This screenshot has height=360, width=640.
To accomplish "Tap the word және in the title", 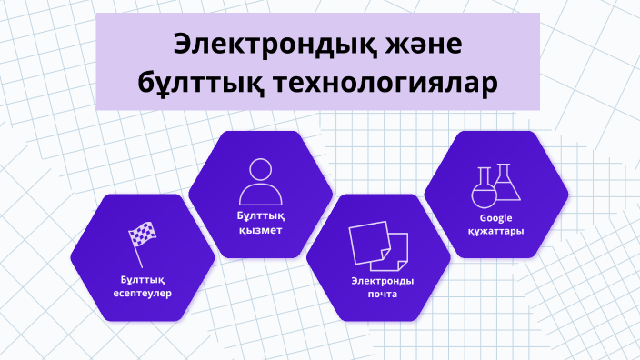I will click(417, 45).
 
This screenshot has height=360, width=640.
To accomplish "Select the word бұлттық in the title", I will click(197, 85).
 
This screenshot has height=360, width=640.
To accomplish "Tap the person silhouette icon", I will click(260, 182).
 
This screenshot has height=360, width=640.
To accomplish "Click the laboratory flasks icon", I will click(495, 185).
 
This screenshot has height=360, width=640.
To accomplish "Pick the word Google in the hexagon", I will click(496, 218).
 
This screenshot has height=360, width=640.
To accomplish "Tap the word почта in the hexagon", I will click(377, 295).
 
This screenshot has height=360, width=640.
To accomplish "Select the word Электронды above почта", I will click(377, 281).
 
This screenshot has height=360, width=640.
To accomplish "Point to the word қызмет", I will click(260, 230).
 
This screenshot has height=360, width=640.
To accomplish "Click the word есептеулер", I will click(143, 293).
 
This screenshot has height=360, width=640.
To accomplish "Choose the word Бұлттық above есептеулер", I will click(143, 279).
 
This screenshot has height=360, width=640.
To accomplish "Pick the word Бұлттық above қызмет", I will click(260, 216).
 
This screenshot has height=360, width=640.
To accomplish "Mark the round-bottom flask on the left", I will click(483, 190).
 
